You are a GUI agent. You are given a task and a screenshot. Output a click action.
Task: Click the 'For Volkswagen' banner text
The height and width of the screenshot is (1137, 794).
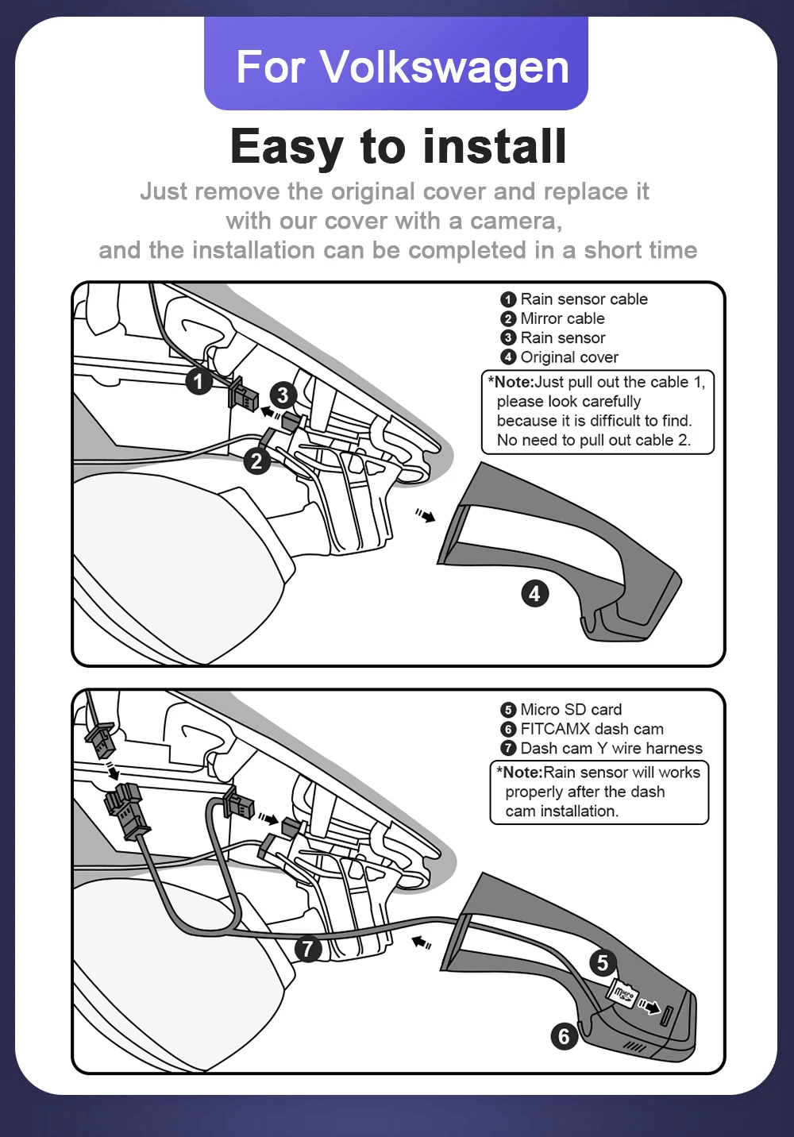402,67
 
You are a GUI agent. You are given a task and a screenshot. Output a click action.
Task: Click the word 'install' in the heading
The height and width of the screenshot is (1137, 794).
495,147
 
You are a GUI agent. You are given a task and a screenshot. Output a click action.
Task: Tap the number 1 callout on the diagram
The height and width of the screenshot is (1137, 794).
198,381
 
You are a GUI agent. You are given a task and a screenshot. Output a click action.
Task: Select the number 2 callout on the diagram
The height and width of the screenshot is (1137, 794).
256,461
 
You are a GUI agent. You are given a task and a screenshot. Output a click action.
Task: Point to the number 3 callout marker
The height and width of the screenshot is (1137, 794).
283,395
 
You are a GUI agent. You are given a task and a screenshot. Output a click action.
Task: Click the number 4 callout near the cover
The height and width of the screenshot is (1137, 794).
534,593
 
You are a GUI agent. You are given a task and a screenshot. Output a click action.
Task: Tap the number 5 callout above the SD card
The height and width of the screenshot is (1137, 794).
603,963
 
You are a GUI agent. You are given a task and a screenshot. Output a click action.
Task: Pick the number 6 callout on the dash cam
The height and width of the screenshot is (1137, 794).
564,1035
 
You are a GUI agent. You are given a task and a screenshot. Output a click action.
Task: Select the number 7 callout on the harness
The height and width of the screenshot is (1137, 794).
307,948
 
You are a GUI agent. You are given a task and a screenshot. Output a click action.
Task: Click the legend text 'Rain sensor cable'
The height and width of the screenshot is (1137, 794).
584,299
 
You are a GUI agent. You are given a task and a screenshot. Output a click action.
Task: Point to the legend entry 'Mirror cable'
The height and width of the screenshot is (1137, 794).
562,318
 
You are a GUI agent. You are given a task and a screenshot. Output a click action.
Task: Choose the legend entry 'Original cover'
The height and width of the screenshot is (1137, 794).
569,357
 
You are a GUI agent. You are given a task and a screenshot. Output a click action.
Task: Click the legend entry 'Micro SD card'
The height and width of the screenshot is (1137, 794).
571,710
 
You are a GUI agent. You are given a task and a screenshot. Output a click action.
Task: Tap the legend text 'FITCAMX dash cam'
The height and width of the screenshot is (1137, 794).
592,729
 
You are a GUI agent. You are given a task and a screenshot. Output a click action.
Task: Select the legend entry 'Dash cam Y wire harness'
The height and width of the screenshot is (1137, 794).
611,748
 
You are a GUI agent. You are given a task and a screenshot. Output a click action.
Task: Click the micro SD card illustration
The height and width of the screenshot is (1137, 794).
622,992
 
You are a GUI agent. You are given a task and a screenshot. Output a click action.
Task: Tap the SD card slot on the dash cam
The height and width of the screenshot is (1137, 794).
667,1014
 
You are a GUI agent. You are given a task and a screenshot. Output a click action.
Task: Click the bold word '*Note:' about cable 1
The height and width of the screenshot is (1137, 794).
511,382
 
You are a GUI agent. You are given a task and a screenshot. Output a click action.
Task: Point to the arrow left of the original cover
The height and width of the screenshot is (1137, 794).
426,516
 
